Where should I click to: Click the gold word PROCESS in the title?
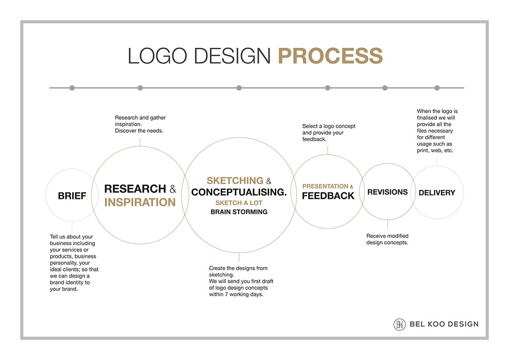(331, 56)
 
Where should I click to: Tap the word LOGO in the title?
(158, 56)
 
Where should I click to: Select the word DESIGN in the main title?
(232, 56)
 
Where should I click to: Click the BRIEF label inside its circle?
(72, 196)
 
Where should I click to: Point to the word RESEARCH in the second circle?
(135, 189)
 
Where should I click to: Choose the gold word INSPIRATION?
(140, 202)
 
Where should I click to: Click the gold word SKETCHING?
(235, 180)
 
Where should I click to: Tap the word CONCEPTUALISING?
(239, 192)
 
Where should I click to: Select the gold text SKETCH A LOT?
(239, 203)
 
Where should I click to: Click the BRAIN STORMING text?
(239, 212)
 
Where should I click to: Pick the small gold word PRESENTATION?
(325, 186)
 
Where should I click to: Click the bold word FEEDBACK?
(328, 196)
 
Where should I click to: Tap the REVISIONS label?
(388, 192)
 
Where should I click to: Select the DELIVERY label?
(437, 193)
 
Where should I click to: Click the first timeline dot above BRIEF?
(72, 88)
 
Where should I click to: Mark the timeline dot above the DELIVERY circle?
(437, 88)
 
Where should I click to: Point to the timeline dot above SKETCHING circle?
(239, 88)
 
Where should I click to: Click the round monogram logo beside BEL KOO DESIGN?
(400, 324)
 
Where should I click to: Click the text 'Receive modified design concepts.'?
(387, 239)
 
